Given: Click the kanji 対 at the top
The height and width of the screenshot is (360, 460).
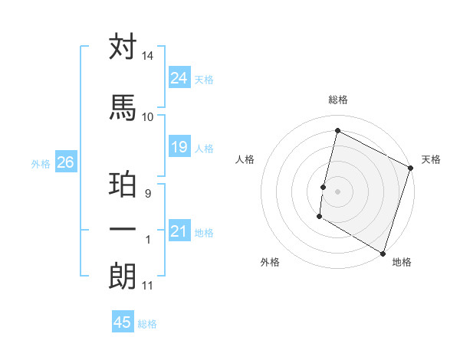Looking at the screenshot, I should [x=123, y=47].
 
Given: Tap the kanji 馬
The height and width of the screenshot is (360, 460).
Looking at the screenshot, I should [x=123, y=106].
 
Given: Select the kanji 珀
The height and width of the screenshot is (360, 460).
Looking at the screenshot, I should [x=123, y=186].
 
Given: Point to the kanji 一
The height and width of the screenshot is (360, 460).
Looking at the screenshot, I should [x=123, y=229].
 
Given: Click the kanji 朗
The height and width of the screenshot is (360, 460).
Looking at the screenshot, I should [x=123, y=276].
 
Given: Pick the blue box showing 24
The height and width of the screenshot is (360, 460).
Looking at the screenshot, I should [x=179, y=77].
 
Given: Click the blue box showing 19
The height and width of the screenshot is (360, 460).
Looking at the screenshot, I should [x=179, y=147].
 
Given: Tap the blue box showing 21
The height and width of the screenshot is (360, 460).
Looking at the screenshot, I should [x=179, y=231].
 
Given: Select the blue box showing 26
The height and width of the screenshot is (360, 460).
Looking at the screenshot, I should [x=65, y=162].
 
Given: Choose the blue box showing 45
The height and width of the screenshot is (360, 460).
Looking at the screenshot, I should [x=123, y=322].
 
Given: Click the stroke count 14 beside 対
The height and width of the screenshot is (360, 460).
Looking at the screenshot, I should [x=148, y=57].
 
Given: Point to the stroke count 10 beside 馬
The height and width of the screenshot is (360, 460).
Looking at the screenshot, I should [x=148, y=116].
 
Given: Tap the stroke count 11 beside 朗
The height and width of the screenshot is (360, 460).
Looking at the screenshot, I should [x=148, y=286].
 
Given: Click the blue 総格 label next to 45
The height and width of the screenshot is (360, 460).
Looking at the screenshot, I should [x=147, y=324].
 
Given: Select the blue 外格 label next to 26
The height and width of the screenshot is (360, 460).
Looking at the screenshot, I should [x=41, y=163].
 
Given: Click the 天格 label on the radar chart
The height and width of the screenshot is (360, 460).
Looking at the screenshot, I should [x=431, y=159].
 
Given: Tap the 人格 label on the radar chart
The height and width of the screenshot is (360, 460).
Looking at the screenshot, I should [x=245, y=159].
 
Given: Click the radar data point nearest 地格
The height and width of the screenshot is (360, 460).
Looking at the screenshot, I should [x=383, y=253].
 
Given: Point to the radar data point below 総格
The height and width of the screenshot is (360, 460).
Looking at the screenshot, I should [x=337, y=131].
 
